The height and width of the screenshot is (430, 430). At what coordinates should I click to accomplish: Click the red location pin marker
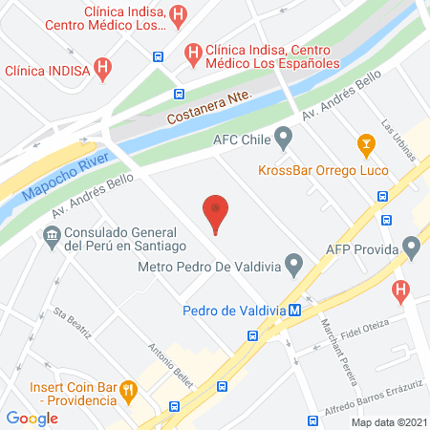pos(216,211)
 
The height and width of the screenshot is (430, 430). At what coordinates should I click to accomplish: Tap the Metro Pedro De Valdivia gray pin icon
pos(294,261)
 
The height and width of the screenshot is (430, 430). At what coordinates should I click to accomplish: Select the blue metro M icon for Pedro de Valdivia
pos(296,310)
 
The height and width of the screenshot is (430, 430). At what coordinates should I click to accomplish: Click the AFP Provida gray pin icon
pos(412,250)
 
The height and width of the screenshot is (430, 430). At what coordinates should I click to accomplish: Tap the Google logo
pos(32,417)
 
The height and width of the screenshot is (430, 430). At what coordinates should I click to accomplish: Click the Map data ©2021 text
pos(388,421)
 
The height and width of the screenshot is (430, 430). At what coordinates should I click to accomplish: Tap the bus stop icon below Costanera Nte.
pos(179,95)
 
